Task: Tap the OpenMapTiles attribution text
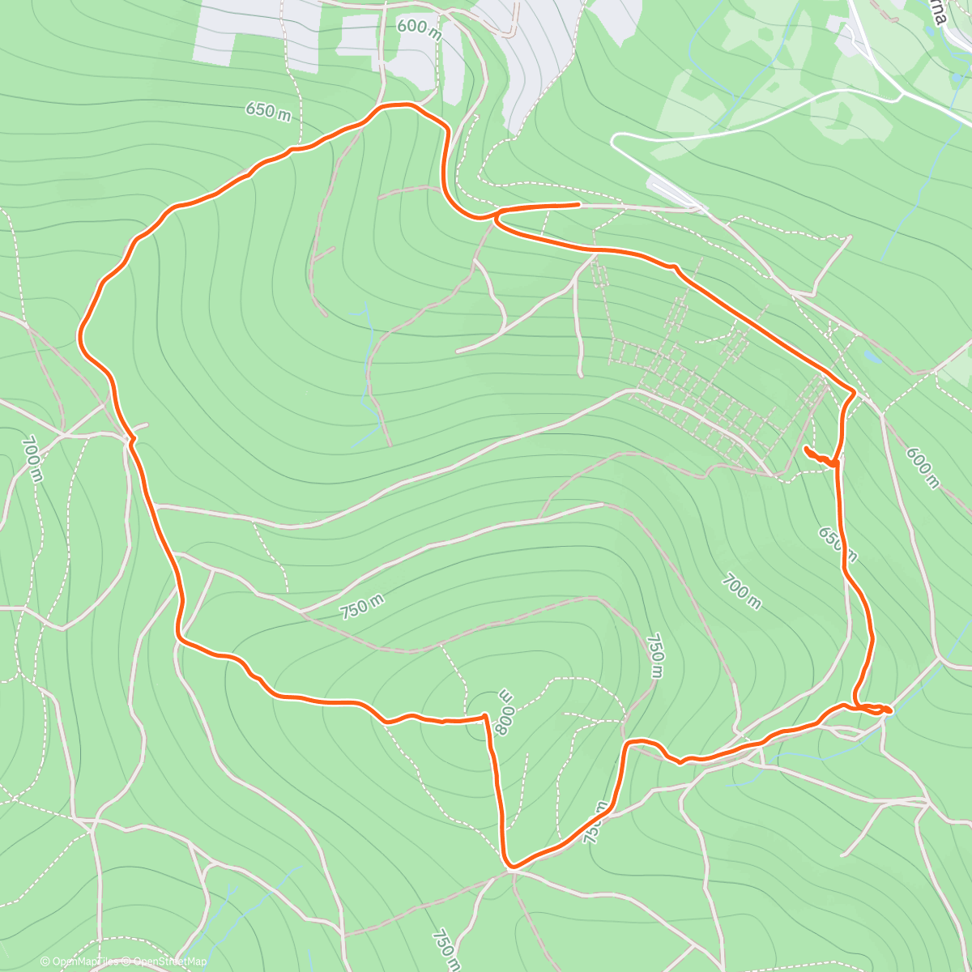pos(83,961)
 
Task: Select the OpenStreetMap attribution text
pos(170,961)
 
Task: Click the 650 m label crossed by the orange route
pos(838,544)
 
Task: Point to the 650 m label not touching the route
pos(268,110)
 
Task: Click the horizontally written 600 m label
pos(419,26)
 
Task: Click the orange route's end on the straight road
pos(578,205)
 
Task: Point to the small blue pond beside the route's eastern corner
pos(871,356)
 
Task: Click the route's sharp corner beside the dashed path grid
pos(853,392)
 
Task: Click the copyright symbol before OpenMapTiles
pos(45,961)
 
